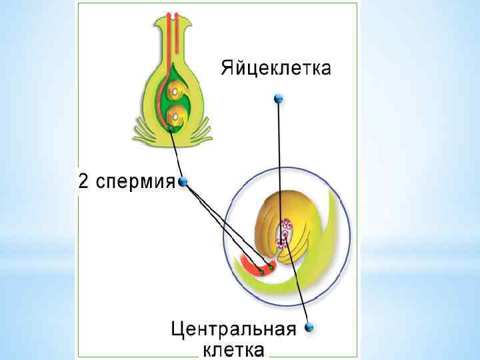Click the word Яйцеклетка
275,68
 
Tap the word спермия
136,181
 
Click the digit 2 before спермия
83,181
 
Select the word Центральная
233,329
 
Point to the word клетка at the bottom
233,349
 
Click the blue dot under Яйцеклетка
279,99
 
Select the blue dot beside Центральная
309,327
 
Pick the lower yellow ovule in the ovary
175,115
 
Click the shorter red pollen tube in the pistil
179,40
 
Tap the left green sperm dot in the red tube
262,271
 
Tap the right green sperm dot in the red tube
272,267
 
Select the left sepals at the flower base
144,130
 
